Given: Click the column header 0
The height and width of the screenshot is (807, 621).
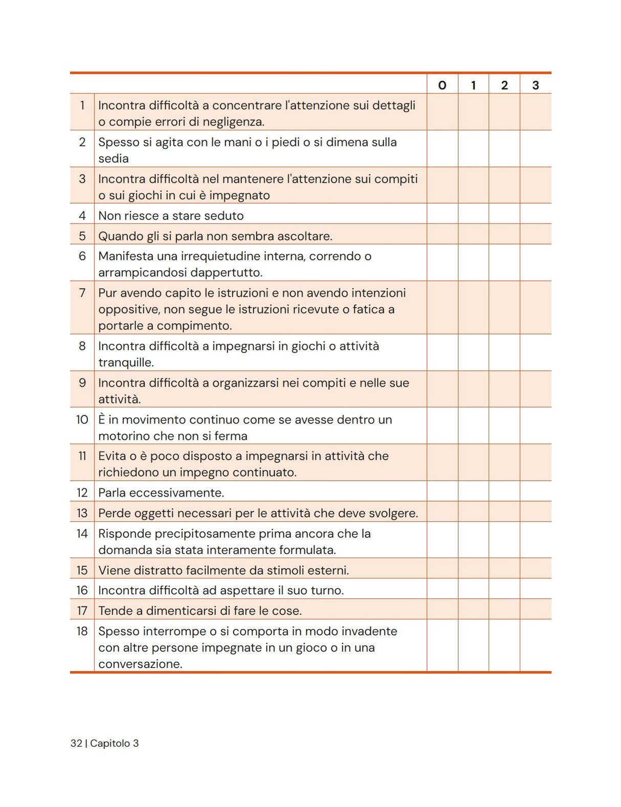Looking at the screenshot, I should pyautogui.click(x=442, y=85).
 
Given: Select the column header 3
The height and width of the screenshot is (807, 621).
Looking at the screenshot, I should pyautogui.click(x=536, y=85).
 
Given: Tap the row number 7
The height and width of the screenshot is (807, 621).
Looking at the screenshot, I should pyautogui.click(x=82, y=293).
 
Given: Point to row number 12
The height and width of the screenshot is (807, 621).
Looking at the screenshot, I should pyautogui.click(x=82, y=493).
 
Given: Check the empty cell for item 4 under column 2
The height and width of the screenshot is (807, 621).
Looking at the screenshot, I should pyautogui.click(x=504, y=214).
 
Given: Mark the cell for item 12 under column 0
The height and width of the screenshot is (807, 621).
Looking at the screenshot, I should pyautogui.click(x=442, y=491).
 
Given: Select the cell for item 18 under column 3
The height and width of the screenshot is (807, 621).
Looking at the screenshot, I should pyautogui.click(x=536, y=645).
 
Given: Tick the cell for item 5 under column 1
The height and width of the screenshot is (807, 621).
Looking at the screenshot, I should pyautogui.click(x=474, y=234).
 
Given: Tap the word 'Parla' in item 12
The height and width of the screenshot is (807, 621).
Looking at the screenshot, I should pyautogui.click(x=112, y=493).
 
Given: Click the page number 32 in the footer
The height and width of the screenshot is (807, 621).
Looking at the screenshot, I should pyautogui.click(x=76, y=744).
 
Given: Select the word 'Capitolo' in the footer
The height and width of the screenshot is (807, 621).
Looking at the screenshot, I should pyautogui.click(x=110, y=744).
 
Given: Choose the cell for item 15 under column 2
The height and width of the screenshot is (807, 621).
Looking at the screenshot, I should pyautogui.click(x=504, y=568).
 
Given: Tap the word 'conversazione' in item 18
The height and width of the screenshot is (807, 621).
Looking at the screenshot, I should pyautogui.click(x=139, y=664).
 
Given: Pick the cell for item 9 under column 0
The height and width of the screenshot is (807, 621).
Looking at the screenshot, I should pyautogui.click(x=442, y=389).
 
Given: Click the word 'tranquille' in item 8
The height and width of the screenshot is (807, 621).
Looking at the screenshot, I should pyautogui.click(x=125, y=363).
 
